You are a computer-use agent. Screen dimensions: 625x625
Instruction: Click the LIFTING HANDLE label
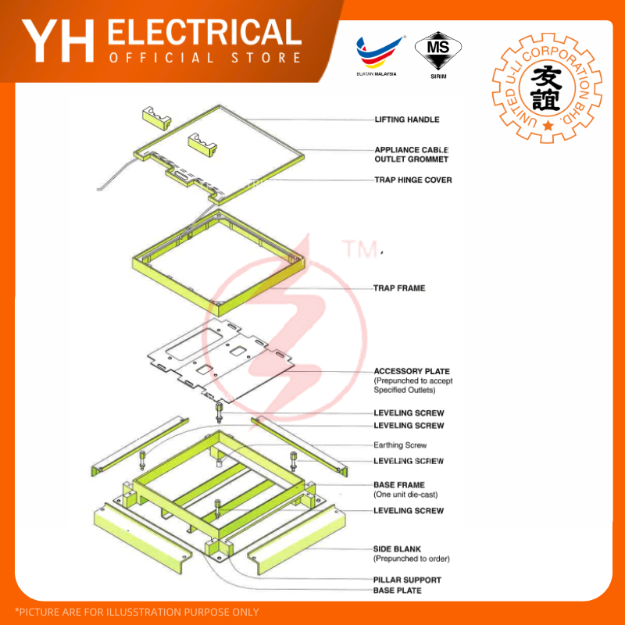point(407,120)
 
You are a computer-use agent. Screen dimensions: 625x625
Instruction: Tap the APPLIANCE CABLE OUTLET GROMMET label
point(412,155)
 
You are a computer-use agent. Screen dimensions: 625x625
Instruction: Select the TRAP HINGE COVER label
point(413,180)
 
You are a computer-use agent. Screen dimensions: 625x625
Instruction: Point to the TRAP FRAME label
point(399,288)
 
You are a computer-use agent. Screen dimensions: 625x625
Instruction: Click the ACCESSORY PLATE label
point(412,372)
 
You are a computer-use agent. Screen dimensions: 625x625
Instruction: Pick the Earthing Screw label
point(400,445)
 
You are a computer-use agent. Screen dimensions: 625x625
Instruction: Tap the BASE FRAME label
point(398,485)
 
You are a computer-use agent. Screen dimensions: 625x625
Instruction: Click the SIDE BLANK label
point(397,549)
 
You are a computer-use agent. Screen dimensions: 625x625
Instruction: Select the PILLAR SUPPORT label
point(407,580)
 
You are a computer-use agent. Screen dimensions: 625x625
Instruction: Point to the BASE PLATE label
point(397,591)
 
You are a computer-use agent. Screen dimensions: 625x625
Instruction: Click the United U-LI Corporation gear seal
point(548,87)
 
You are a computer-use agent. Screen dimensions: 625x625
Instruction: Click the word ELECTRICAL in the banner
point(205,32)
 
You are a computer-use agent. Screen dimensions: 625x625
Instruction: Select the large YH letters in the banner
point(58,41)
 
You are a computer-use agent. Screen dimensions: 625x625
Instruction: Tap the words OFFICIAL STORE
point(205,58)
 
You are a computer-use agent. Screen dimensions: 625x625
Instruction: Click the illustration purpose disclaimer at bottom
point(137,612)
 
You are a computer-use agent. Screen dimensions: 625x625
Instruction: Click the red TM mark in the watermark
point(361,248)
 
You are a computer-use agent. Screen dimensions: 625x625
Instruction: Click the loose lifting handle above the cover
point(157,118)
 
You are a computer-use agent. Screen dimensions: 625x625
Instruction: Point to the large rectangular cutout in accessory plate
point(194,344)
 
